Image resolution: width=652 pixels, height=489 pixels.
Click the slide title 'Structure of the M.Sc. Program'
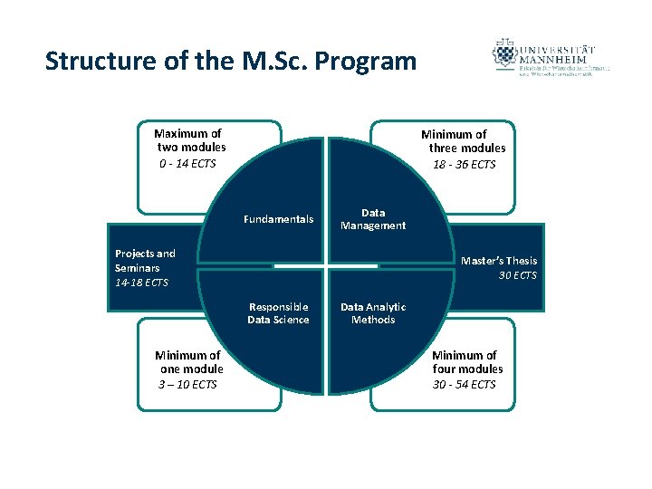(x=231, y=62)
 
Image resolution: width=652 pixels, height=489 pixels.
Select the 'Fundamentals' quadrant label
(x=279, y=219)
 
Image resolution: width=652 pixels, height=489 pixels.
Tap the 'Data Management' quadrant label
(x=373, y=219)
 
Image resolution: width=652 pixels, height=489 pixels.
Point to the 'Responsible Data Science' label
(x=278, y=313)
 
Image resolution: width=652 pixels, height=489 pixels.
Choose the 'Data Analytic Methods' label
(x=373, y=313)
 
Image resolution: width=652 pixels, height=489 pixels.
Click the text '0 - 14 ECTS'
(x=187, y=164)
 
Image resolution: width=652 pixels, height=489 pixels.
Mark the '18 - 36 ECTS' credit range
(x=465, y=165)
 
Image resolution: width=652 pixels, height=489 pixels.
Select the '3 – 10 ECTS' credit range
(x=187, y=385)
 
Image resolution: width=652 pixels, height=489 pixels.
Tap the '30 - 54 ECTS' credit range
(x=465, y=385)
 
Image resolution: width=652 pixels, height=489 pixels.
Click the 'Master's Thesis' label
(x=499, y=261)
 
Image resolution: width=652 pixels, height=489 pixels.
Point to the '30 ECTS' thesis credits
(x=518, y=275)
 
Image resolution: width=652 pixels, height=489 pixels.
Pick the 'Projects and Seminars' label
(x=145, y=261)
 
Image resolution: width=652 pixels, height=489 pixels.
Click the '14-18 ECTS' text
(x=141, y=283)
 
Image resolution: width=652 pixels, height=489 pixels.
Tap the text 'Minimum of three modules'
(x=465, y=141)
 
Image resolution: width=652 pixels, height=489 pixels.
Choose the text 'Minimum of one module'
(x=189, y=362)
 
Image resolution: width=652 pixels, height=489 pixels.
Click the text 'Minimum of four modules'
(x=466, y=362)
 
